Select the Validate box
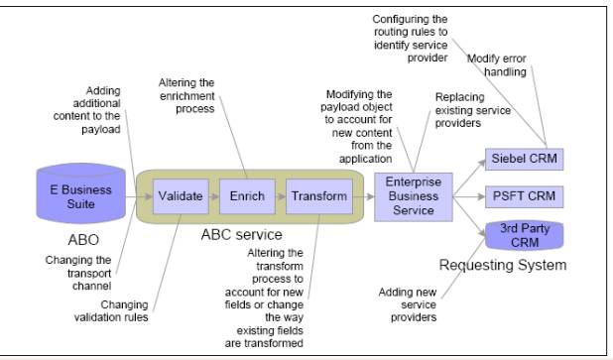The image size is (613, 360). pyautogui.click(x=180, y=196)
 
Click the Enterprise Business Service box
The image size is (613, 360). pyautogui.click(x=414, y=197)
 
